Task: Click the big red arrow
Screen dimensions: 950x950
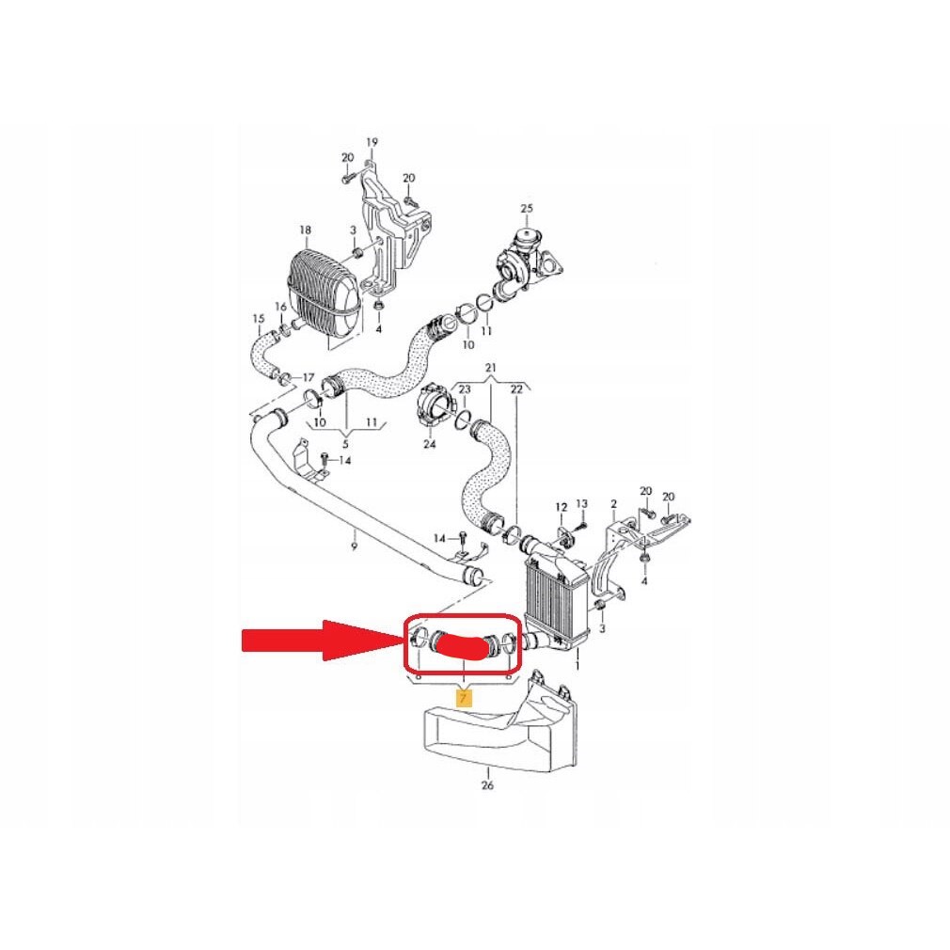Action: (321, 641)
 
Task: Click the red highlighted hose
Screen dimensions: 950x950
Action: (462, 647)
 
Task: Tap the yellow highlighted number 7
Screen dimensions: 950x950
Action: (464, 698)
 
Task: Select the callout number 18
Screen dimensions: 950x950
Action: (305, 230)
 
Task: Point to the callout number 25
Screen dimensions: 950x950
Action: (527, 209)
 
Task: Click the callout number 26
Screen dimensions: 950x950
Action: (488, 785)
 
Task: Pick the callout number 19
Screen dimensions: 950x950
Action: (372, 142)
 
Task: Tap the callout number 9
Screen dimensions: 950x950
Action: (355, 547)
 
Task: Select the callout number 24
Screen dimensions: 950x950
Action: (430, 444)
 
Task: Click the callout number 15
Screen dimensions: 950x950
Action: (259, 319)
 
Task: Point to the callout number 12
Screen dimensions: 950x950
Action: (562, 507)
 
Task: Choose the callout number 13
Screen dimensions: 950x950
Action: (581, 503)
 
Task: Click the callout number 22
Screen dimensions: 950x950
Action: (516, 389)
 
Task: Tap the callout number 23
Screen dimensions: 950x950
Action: (464, 389)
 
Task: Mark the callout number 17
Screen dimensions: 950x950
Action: (309, 378)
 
